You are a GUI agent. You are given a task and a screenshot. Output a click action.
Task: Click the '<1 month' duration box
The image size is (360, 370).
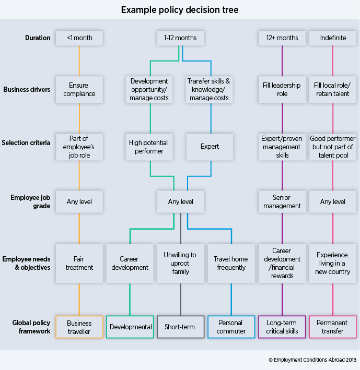tap(79, 38)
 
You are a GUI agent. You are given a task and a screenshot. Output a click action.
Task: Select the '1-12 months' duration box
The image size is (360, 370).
tap(181, 38)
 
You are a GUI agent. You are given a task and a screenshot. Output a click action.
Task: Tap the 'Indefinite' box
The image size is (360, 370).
tap(333, 38)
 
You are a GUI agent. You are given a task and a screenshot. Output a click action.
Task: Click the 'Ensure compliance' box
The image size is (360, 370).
tap(79, 89)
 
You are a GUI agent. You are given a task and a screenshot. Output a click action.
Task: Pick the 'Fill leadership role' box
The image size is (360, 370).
tap(282, 89)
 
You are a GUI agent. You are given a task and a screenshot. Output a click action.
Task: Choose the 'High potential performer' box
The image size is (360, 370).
tap(149, 147)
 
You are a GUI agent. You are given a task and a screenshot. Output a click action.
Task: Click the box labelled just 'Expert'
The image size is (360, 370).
tap(210, 147)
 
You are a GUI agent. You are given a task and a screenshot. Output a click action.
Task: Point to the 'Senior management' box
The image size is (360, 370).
tap(282, 202)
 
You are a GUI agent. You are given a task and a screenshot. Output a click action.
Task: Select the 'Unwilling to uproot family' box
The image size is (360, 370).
tap(181, 264)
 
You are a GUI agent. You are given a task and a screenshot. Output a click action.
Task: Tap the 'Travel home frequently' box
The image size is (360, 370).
tap(231, 264)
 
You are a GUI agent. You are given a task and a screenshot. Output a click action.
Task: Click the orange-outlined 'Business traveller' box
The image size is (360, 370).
tap(79, 327)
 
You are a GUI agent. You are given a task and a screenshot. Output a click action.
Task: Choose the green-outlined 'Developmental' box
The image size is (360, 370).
tap(130, 327)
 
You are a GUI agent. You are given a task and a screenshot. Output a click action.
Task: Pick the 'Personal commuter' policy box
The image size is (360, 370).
tap(231, 327)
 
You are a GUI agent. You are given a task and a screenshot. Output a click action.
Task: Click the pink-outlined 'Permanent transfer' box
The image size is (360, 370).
tap(333, 327)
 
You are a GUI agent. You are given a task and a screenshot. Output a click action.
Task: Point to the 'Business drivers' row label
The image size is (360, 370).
tap(27, 89)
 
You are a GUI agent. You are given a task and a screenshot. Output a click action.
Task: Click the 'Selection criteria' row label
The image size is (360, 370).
tap(26, 143)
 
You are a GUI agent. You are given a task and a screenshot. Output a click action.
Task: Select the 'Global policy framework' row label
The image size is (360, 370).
tap(31, 327)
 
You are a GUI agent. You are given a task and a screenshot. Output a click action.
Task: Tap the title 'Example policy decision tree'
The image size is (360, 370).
tap(180, 10)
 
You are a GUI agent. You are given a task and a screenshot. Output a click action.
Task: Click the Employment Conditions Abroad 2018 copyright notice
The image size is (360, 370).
tap(312, 360)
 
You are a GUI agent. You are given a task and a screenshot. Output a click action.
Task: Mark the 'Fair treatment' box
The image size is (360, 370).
tap(79, 264)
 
